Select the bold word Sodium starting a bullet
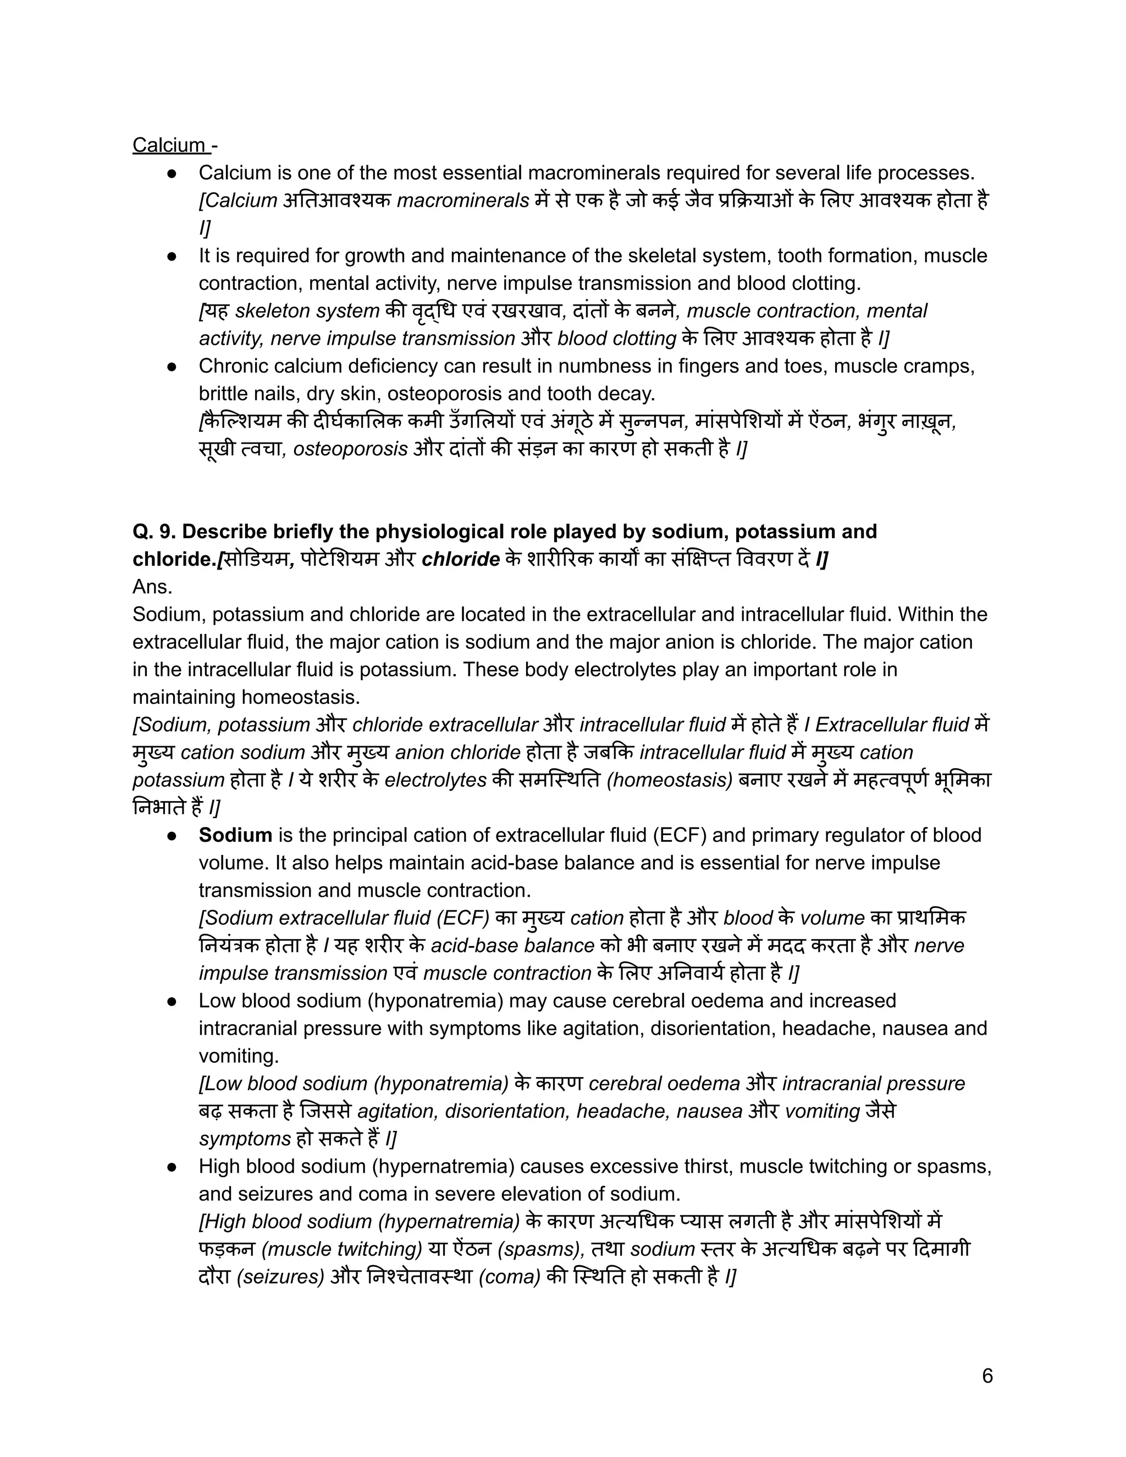[x=235, y=835]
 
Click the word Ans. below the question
[x=152, y=587]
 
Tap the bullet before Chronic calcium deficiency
[x=172, y=366]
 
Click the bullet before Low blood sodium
[x=172, y=1001]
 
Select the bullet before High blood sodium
[x=172, y=1166]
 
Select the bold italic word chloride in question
[x=460, y=559]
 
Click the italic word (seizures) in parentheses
[x=280, y=1277]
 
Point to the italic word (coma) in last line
[x=509, y=1277]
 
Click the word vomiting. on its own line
[x=239, y=1056]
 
